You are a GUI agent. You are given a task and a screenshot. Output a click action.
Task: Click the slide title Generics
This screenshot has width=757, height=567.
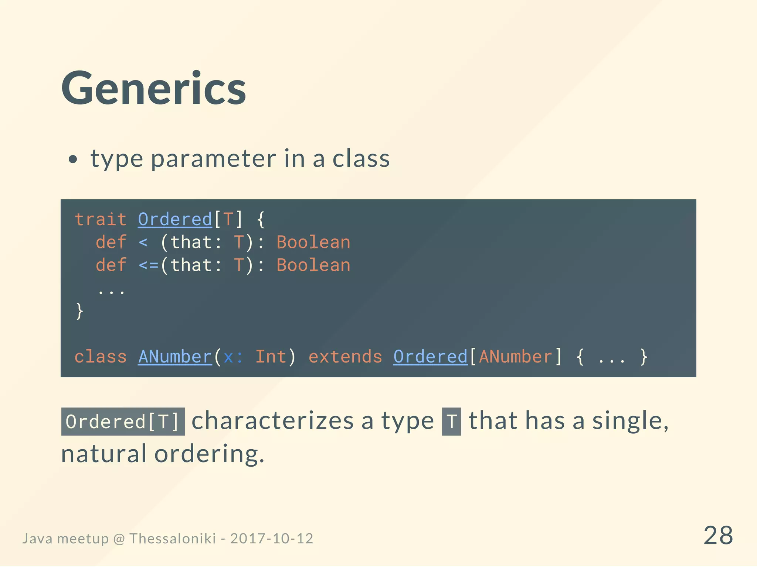(x=154, y=89)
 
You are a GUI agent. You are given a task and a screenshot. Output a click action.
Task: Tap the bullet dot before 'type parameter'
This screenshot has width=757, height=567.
(x=73, y=160)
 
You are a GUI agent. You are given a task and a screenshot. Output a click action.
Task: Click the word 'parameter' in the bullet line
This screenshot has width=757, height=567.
(x=213, y=159)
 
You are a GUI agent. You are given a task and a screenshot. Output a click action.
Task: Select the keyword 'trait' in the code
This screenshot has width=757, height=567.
(x=101, y=219)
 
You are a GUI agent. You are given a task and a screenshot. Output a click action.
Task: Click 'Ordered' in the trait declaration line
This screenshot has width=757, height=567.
(x=175, y=219)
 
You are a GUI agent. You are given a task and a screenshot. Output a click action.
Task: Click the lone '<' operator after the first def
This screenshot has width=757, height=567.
(x=143, y=243)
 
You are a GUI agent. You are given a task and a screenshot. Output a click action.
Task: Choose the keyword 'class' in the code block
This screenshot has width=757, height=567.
(x=101, y=357)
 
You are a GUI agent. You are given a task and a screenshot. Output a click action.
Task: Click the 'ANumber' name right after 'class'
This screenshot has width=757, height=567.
(x=175, y=357)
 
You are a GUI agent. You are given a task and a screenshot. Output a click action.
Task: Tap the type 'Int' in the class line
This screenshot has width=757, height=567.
(x=271, y=357)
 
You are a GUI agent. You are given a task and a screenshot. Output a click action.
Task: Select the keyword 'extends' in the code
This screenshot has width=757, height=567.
(x=345, y=357)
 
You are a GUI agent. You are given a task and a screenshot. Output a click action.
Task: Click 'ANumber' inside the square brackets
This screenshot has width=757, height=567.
(x=515, y=357)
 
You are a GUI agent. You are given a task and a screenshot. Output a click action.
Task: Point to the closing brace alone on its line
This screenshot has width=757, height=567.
(x=79, y=311)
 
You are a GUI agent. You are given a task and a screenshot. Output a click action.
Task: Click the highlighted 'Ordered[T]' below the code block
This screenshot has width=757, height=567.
(x=123, y=422)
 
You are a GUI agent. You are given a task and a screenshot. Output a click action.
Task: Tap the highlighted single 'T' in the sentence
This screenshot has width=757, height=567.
(x=451, y=422)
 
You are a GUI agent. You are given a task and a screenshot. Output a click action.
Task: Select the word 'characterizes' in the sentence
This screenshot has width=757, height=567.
(x=272, y=421)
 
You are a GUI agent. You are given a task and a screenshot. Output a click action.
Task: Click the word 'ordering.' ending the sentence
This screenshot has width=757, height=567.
(x=209, y=454)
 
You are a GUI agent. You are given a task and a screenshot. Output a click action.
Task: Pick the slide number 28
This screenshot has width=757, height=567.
(x=718, y=535)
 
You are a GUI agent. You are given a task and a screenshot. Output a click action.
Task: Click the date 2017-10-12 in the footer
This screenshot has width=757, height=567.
(x=272, y=539)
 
